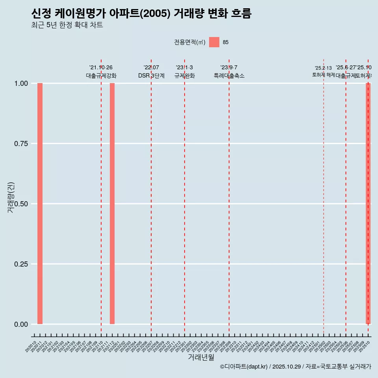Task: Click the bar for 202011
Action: pos(40,204)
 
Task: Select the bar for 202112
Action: pos(112,204)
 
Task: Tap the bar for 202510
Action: pos(368,204)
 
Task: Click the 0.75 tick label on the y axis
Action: pos(21,144)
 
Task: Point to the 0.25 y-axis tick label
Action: pos(21,264)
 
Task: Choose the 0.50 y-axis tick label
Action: pos(21,204)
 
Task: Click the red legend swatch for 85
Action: pos(214,42)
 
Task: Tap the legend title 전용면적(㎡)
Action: pos(190,42)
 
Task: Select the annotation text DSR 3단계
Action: pos(151,76)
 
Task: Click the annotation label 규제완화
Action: pos(185,76)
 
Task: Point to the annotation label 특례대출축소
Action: pos(229,76)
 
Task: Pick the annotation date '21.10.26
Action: pos(101,68)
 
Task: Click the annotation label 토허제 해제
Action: pos(324,75)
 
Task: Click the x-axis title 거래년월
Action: pos(201,358)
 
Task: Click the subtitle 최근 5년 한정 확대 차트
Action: pos(67,25)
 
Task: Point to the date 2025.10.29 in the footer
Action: pos(287,367)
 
